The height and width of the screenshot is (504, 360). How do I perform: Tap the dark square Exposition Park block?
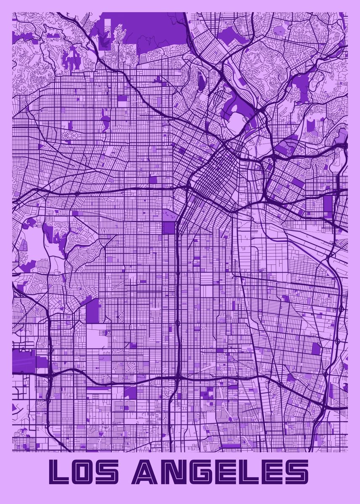(x=168, y=227)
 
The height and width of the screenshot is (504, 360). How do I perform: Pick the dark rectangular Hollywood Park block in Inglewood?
(x=93, y=311)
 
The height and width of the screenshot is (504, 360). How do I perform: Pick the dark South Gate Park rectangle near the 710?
(x=316, y=348)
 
